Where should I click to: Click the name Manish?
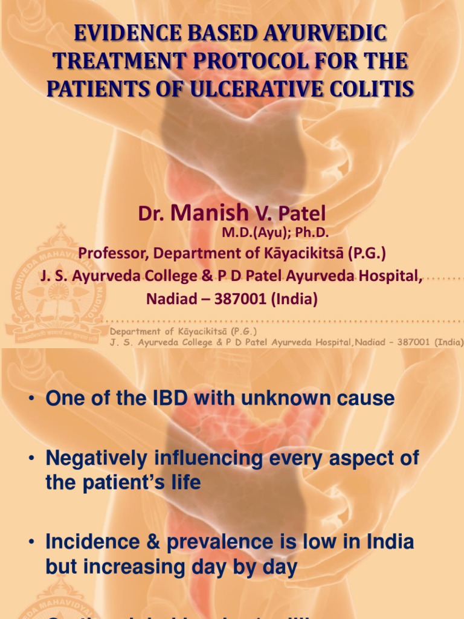coord(210,213)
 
